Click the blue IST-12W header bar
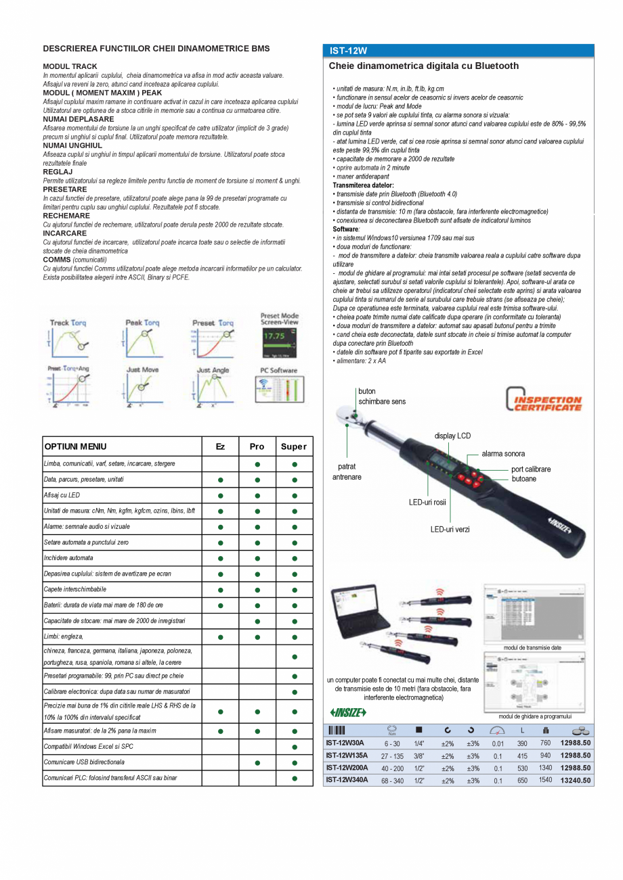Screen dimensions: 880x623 (x=458, y=51)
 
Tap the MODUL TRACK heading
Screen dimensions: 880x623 (x=70, y=67)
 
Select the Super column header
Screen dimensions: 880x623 (x=294, y=446)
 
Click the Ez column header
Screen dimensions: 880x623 (x=220, y=446)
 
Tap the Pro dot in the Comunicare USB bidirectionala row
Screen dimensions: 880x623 (x=257, y=762)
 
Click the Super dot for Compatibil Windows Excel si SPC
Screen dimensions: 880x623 (x=295, y=747)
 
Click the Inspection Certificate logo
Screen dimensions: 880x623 (x=544, y=400)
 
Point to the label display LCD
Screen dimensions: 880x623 (x=452, y=436)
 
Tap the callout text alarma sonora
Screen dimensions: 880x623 (x=503, y=454)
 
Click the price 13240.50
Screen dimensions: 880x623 (x=576, y=780)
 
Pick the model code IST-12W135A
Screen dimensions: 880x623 (x=347, y=756)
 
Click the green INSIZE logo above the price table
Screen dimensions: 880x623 (x=348, y=712)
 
